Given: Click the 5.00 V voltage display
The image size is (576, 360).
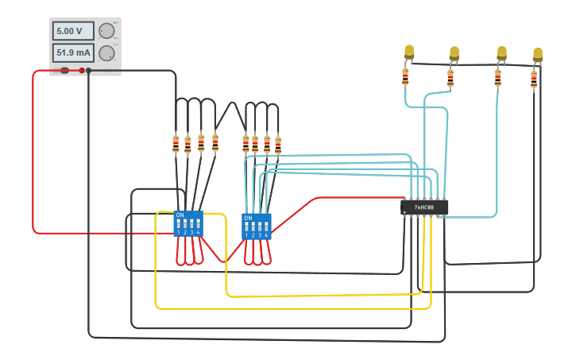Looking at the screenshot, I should [72, 31].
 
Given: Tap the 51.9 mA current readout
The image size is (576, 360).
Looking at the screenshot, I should [72, 53].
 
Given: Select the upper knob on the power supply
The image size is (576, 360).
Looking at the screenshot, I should [106, 31].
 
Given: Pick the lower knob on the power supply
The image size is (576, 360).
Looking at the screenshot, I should [106, 53].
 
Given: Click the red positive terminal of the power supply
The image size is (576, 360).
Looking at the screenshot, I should [82, 70].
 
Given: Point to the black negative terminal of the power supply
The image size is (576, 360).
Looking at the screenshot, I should [89, 70].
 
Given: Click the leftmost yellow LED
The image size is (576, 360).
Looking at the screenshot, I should [409, 52].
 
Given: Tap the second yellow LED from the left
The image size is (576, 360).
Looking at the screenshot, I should [454, 53].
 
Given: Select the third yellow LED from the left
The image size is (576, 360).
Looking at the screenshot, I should [501, 52].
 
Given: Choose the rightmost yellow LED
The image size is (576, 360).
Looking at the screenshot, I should [538, 54].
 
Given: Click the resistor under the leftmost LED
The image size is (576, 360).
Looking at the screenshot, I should [405, 77].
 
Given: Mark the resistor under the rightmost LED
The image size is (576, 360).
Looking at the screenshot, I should [534, 79].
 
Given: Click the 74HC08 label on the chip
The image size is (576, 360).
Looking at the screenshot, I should [424, 207].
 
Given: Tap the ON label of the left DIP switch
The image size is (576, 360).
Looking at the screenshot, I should [180, 215].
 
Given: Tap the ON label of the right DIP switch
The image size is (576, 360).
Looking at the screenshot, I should [248, 218].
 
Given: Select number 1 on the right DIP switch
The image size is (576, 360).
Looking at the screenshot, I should [246, 235].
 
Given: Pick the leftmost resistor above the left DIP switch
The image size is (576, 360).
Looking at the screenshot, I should [176, 145].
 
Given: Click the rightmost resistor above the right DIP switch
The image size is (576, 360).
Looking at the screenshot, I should [278, 145].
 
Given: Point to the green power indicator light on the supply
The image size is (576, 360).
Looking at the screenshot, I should [114, 22].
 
